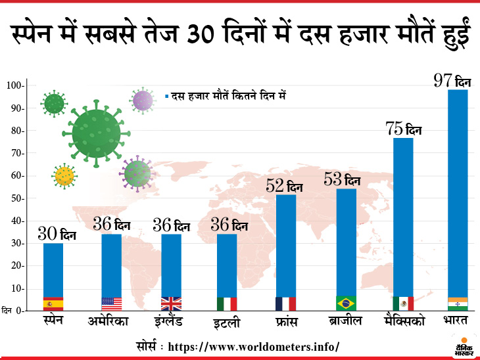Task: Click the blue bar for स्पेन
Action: coord(53,269)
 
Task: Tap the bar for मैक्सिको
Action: coord(403,217)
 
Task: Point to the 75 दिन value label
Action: coord(403,129)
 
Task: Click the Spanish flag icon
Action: coord(53,304)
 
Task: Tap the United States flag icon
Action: coord(112,304)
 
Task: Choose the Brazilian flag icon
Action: coord(346,304)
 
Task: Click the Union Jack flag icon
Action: coord(171,304)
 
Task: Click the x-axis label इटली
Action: coord(227,323)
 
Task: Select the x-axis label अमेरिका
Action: coord(109,322)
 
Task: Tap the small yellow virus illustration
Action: coord(64,175)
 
